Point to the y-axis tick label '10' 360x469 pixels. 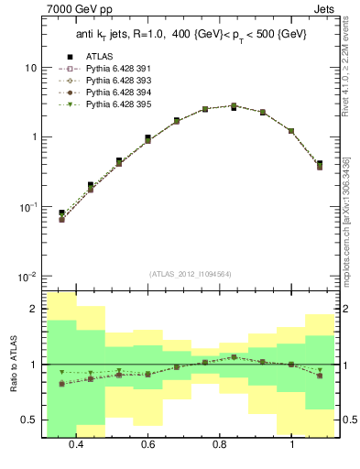30,69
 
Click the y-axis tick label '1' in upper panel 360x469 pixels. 33,137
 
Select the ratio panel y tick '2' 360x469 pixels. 33,310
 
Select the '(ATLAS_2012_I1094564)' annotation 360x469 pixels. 190,273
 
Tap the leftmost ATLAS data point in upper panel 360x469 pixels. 61,213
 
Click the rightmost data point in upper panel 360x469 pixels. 319,164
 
